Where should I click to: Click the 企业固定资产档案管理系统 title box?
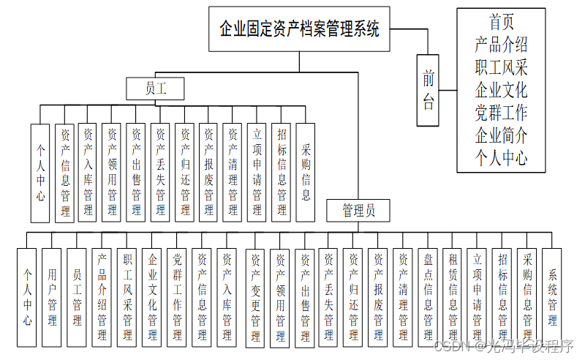tap(299, 29)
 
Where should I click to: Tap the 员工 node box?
tap(155, 89)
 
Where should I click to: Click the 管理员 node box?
tap(358, 211)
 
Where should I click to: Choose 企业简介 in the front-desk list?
tap(501, 135)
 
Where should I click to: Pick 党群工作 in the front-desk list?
tap(501, 113)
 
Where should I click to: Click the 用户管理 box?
tap(52, 296)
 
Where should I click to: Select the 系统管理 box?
tap(553, 296)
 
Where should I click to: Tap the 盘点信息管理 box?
tap(428, 296)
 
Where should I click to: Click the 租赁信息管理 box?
tap(453, 296)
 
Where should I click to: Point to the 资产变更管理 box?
tap(255, 296)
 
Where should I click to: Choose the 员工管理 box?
tap(77, 296)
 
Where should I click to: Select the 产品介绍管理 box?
tap(102, 296)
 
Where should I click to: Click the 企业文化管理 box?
tap(152, 296)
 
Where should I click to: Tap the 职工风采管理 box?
tap(127, 296)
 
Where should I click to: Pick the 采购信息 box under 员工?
tap(306, 173)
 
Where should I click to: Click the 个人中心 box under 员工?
tap(40, 173)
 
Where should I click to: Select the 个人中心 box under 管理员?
tap(27, 296)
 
